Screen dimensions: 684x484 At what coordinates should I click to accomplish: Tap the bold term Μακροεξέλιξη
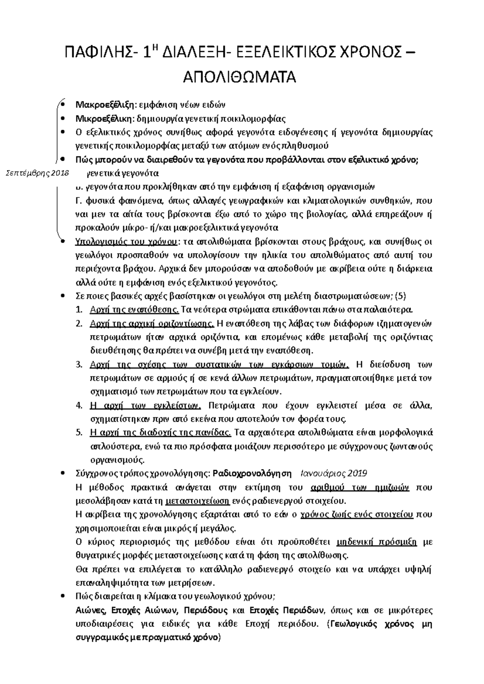pyautogui.click(x=105, y=105)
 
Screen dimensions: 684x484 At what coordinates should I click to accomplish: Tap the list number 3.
pyautogui.click(x=79, y=365)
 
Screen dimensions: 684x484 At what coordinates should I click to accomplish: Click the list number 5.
pyautogui.click(x=79, y=433)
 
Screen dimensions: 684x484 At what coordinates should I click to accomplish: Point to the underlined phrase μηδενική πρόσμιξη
pyautogui.click(x=376, y=542)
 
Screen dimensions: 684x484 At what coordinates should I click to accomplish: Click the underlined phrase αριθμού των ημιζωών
pyautogui.click(x=360, y=487)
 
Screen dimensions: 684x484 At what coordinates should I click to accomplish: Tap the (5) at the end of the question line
pyautogui.click(x=401, y=296)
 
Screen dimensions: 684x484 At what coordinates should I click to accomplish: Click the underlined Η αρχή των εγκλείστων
pyautogui.click(x=145, y=405)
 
